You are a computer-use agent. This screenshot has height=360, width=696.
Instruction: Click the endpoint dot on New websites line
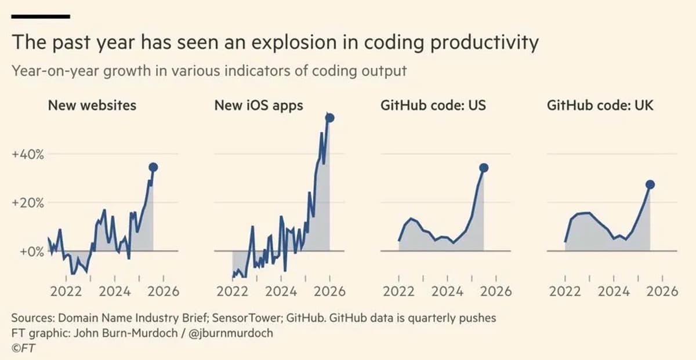[x=153, y=167]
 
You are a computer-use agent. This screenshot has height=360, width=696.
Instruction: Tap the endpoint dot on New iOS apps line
[x=330, y=118]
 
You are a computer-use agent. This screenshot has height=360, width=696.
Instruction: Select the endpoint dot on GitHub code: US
[x=484, y=168]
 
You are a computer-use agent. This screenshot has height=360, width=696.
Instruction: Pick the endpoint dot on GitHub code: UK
[x=650, y=184]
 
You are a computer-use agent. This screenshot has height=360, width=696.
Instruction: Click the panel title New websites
[x=92, y=106]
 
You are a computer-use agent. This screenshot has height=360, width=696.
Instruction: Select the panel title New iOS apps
[x=259, y=106]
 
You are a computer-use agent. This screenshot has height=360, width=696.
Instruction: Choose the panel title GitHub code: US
[x=433, y=106]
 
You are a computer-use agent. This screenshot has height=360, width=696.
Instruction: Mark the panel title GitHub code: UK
[x=600, y=106]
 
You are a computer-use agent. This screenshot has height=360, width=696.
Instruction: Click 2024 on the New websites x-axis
[x=114, y=291]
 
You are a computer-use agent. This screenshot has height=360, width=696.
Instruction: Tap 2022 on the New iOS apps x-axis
[x=232, y=291]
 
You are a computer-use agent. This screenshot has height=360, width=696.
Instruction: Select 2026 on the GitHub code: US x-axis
[x=496, y=291]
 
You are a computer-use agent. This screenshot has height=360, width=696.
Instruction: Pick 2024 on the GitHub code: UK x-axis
[x=614, y=291]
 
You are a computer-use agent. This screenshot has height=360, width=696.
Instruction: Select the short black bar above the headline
[x=41, y=17]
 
